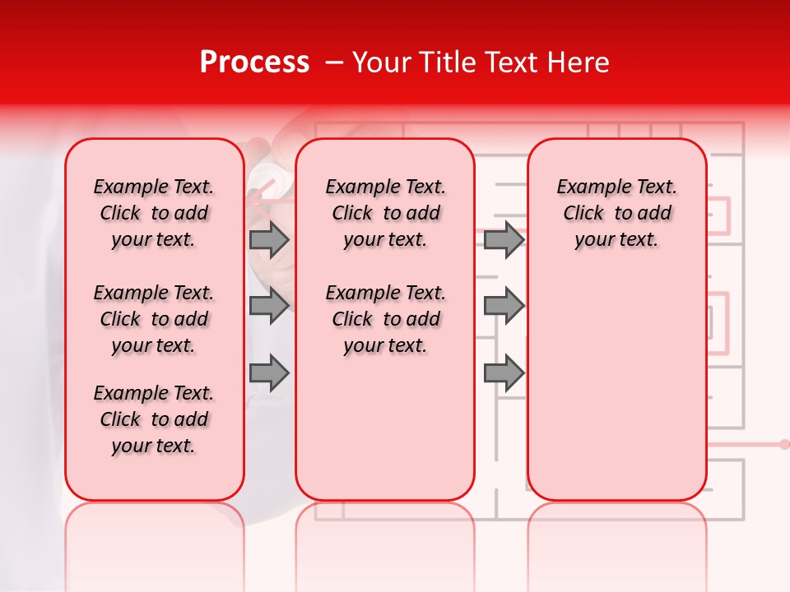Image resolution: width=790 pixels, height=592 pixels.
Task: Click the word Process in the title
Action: (254, 62)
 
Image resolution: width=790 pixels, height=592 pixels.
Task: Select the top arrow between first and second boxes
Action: (268, 240)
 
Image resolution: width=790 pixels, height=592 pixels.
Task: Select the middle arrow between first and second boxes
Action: (268, 306)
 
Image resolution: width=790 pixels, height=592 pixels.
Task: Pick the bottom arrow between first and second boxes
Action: (268, 372)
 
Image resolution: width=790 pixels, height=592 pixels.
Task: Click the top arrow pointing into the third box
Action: (504, 240)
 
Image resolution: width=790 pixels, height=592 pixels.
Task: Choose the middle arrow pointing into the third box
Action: (504, 306)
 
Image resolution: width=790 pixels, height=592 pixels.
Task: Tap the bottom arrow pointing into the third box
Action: (504, 372)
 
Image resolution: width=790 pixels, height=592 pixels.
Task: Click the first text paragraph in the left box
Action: (154, 213)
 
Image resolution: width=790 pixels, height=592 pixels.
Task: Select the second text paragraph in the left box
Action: (154, 319)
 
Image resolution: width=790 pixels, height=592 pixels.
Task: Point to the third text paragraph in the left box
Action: (154, 419)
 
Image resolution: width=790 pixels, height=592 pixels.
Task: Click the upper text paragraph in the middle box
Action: (385, 213)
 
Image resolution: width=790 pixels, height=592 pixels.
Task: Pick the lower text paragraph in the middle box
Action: (385, 319)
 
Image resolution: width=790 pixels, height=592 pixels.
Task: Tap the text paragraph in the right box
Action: (616, 213)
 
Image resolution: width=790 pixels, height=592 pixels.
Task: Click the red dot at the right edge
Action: (783, 444)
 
